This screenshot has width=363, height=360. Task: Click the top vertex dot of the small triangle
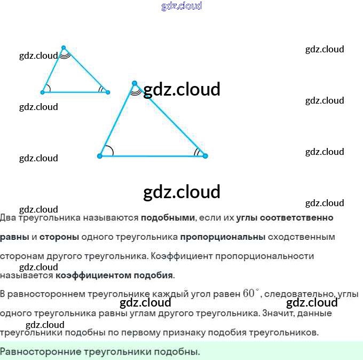(64, 48)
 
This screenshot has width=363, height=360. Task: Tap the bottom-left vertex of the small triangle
(43, 92)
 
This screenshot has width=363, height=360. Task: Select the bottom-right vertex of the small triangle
(108, 92)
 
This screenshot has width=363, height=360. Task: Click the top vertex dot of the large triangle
(135, 83)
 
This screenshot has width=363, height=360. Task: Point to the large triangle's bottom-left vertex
(100, 156)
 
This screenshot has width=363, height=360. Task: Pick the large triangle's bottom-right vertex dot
(205, 156)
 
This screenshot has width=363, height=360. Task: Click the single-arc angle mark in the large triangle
(108, 151)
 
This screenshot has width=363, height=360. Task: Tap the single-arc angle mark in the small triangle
(48, 89)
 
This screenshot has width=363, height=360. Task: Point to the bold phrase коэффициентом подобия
(114, 276)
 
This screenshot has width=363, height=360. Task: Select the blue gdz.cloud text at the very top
(181, 6)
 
